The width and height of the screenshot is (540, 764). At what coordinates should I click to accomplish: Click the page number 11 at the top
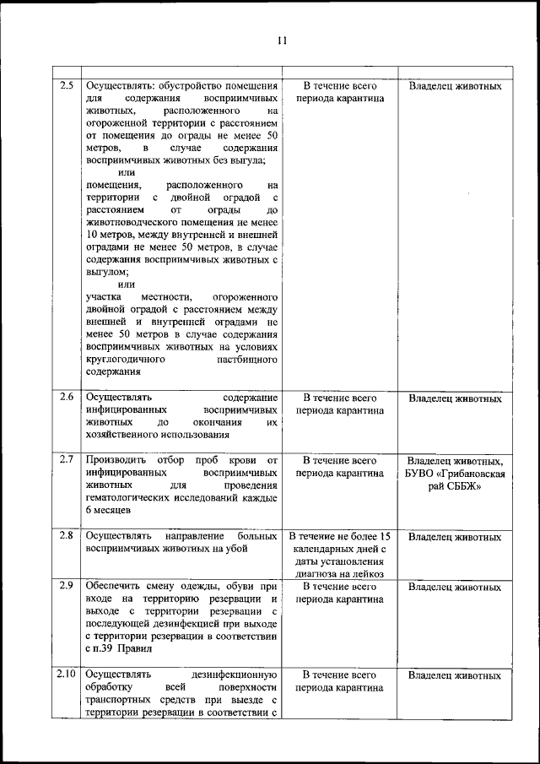click(x=282, y=39)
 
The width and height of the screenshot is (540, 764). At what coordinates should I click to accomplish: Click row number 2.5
click(x=67, y=85)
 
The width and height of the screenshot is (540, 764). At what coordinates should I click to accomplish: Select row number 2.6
click(x=67, y=397)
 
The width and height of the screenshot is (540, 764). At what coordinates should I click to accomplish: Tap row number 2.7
click(x=67, y=459)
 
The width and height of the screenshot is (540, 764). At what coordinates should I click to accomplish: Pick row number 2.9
click(x=67, y=585)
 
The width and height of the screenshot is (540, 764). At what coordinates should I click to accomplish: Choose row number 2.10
click(x=67, y=675)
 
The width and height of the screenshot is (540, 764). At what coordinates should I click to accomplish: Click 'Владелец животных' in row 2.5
click(x=455, y=86)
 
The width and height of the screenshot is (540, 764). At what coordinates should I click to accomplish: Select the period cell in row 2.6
click(x=340, y=404)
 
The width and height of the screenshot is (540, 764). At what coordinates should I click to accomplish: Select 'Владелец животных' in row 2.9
click(x=455, y=586)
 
